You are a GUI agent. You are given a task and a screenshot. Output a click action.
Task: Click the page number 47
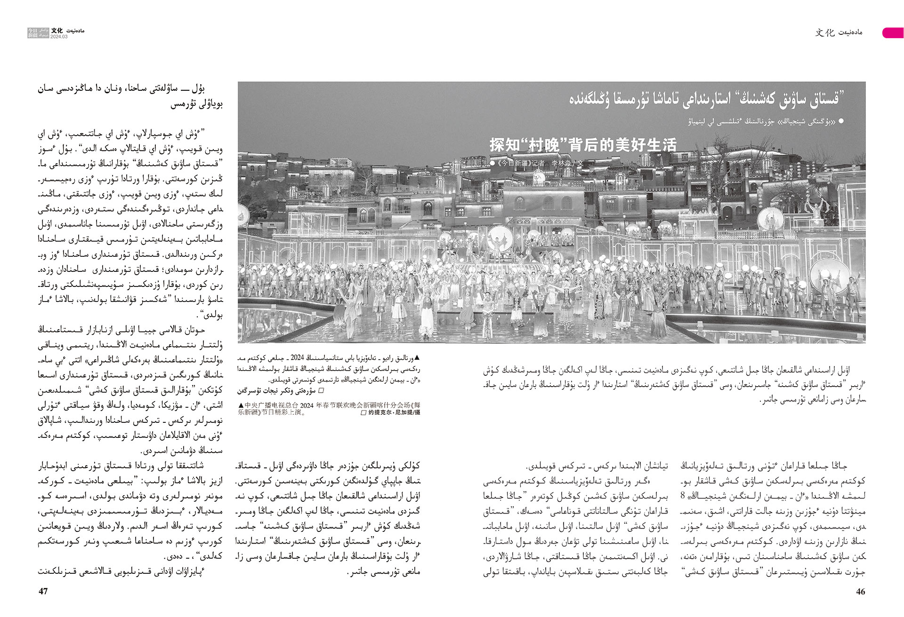pos(43,592)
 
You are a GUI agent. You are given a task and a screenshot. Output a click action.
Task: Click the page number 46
pos(860,592)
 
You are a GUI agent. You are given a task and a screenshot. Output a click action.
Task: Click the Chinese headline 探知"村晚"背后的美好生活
pos(583,144)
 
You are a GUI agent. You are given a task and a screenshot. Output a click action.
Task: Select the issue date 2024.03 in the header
pos(59,37)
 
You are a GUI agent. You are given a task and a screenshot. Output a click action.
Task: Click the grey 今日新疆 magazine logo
pos(38,32)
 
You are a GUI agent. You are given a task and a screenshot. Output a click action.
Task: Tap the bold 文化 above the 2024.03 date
pos(57,31)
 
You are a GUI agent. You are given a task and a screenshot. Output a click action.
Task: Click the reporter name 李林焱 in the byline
pos(561,163)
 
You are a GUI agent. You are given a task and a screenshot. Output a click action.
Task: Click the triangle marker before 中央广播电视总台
pos(241,405)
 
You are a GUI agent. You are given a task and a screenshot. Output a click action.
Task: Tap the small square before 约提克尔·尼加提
pos(363,412)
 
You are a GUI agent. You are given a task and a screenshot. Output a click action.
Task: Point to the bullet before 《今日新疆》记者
pos(492,163)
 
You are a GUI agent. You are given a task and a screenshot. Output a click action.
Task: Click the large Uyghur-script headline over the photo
pos(706,99)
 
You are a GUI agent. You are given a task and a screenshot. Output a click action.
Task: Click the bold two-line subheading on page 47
pos(130,96)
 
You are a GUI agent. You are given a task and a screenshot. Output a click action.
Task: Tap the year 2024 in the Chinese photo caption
pos(307,405)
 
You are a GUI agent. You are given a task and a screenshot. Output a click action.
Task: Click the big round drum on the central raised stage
pos(500,237)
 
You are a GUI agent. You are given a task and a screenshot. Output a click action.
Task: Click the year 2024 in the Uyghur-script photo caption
pos(297,358)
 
